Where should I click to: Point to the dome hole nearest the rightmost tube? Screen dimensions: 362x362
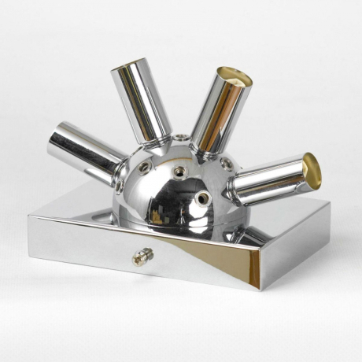(x=227, y=163)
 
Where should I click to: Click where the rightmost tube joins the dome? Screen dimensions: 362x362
(x=237, y=187)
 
